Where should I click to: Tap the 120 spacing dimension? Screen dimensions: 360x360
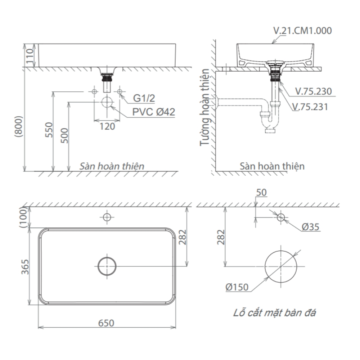(x=107, y=126)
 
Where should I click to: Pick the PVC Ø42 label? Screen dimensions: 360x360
(x=153, y=112)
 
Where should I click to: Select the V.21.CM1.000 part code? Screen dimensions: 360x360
(x=302, y=31)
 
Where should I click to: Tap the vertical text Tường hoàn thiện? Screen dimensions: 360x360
(x=205, y=108)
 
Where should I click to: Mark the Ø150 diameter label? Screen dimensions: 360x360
(x=237, y=287)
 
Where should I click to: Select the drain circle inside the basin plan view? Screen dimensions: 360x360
(x=107, y=266)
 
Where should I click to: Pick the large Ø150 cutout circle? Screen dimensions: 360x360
(x=281, y=266)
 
